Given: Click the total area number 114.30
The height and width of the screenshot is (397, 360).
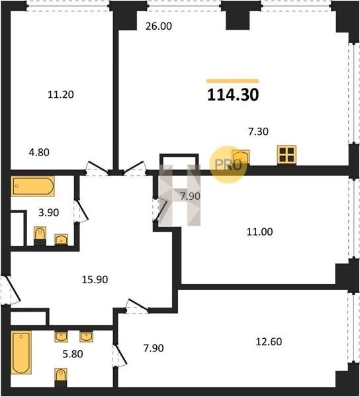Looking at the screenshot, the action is [x=233, y=95].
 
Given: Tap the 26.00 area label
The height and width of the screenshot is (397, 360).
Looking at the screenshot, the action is [x=159, y=26].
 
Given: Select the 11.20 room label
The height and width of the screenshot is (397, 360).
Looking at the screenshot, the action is [x=61, y=95].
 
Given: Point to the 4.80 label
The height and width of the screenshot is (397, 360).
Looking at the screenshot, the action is [x=39, y=152].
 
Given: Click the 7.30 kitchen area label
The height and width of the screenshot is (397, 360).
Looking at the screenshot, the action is [x=258, y=132].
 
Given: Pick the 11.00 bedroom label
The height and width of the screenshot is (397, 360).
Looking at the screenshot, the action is [x=260, y=232].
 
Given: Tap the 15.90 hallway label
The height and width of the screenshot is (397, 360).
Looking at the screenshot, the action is [x=95, y=279].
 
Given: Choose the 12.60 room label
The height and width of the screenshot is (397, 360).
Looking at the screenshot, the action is [x=269, y=342].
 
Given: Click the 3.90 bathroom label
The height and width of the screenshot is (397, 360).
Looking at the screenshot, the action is [x=48, y=212].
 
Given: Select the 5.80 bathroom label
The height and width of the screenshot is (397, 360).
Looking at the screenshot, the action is [x=73, y=354].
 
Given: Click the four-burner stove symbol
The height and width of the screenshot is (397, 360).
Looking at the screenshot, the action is [x=287, y=154].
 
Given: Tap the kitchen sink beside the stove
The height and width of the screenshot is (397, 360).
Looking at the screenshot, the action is [x=240, y=157].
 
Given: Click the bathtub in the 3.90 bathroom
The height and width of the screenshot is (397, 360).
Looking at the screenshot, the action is [x=32, y=186].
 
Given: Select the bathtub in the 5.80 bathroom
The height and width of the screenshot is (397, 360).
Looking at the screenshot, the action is [x=21, y=353].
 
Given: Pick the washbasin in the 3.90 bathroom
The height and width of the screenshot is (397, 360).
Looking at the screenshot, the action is [x=62, y=240].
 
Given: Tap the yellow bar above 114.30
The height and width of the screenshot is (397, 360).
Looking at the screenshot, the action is [x=233, y=81].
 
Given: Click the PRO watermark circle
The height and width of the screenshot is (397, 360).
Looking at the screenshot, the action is [x=228, y=165].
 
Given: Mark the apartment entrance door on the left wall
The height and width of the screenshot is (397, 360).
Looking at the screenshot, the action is [x=10, y=290].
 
